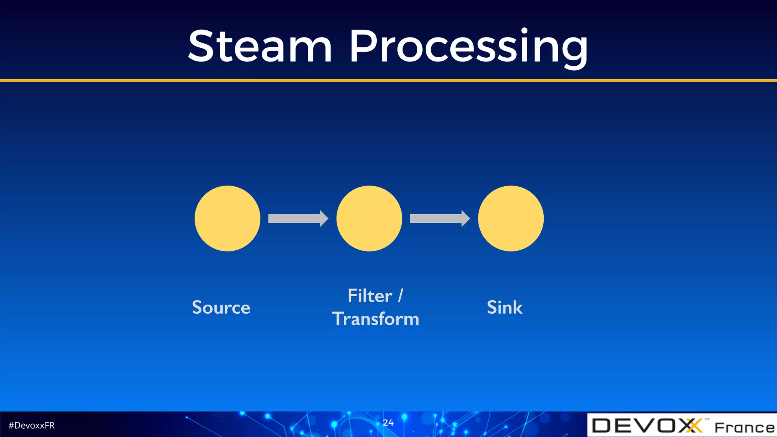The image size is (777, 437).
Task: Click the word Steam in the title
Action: tap(260, 46)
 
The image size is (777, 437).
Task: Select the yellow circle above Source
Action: tap(227, 218)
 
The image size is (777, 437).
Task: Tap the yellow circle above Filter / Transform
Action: tap(369, 218)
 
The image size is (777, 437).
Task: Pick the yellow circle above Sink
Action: tap(511, 218)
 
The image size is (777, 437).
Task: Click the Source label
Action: tap(221, 307)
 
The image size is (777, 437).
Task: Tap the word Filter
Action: tap(370, 296)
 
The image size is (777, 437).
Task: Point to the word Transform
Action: tap(376, 319)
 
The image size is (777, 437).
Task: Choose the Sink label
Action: tap(505, 307)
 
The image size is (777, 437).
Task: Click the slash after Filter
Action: tap(401, 296)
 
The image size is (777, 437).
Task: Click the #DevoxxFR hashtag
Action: tap(31, 426)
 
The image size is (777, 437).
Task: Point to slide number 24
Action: tap(388, 423)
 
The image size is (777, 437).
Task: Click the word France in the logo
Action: tap(744, 428)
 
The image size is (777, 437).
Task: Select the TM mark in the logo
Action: tap(707, 419)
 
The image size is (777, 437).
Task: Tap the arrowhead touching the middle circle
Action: tap(324, 218)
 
